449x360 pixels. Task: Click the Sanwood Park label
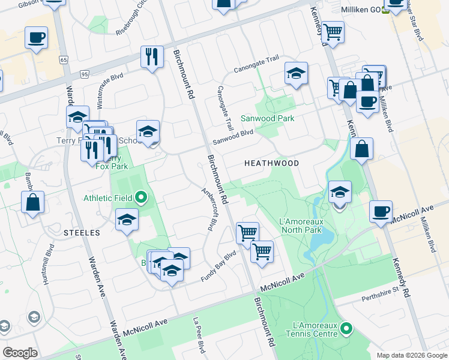tap(267, 118)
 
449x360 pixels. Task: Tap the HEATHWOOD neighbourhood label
tap(271, 163)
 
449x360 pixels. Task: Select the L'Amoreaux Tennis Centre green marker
tap(346, 329)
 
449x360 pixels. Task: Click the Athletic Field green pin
tap(141, 197)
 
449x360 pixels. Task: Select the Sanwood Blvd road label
tap(233, 137)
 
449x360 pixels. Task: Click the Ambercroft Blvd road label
tap(208, 209)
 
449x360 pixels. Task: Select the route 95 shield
tap(84, 74)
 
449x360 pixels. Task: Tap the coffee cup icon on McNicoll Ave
tap(381, 212)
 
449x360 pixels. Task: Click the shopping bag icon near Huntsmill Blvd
tap(33, 202)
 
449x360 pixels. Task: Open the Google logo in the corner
tap(20, 353)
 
